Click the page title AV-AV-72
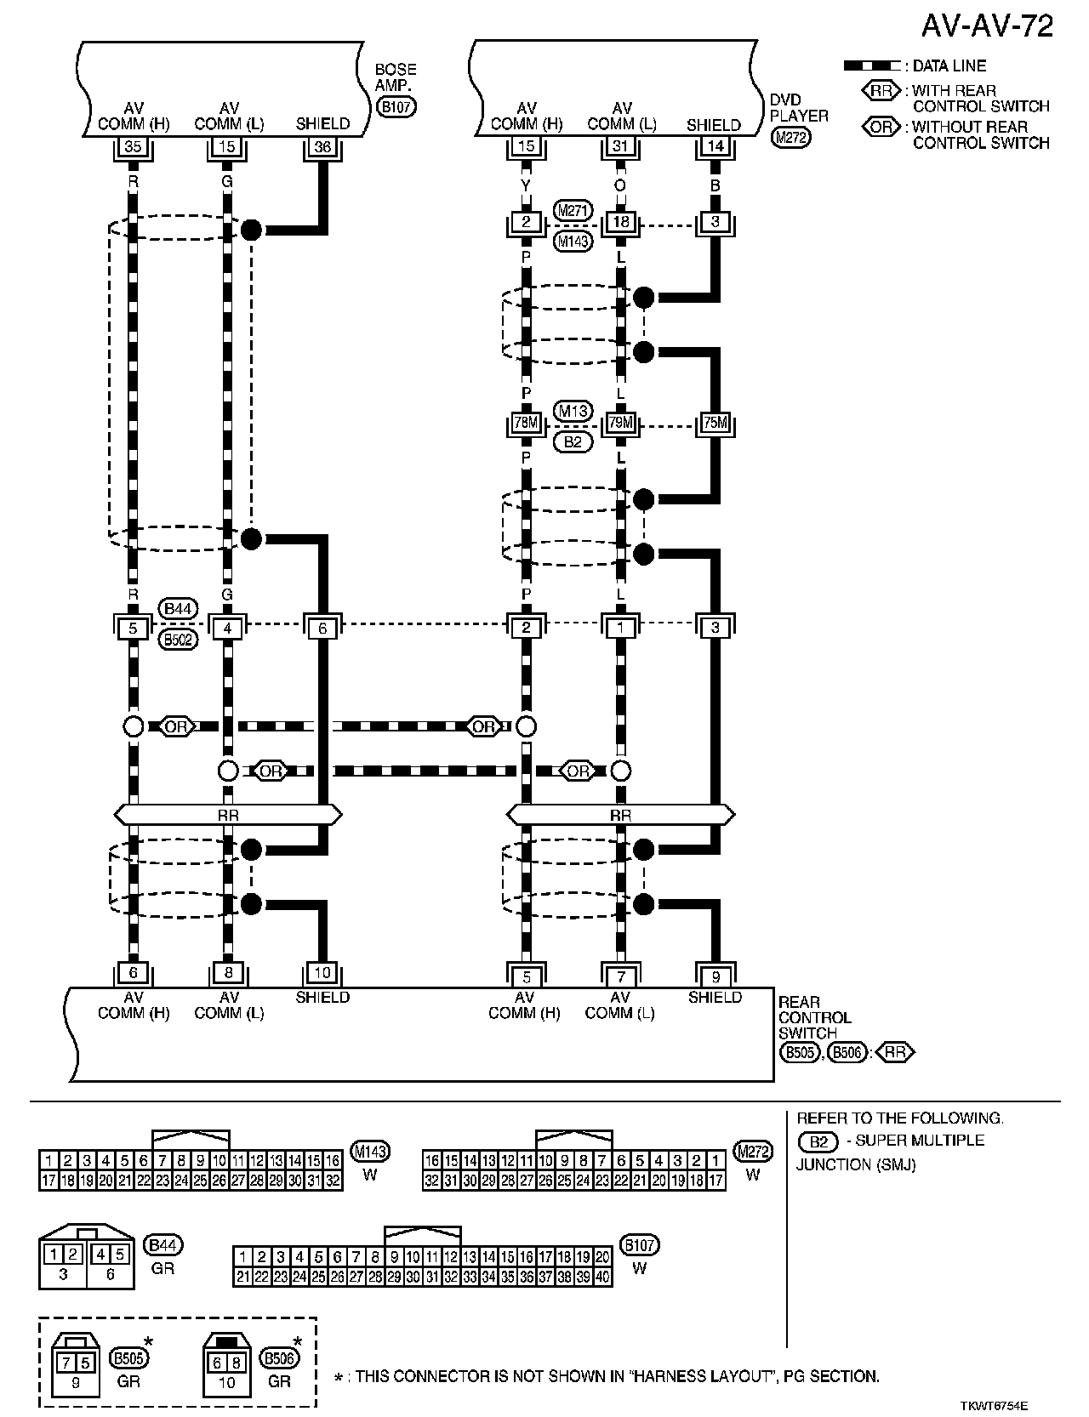(988, 26)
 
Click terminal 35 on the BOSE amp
(133, 146)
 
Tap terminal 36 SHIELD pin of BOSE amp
(322, 146)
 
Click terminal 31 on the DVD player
(621, 146)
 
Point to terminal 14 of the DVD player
(716, 146)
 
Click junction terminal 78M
(527, 423)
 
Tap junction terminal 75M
(716, 423)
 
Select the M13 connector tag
(573, 411)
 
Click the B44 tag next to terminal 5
(180, 608)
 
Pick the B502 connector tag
(180, 640)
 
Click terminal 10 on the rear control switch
(322, 972)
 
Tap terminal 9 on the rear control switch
(716, 977)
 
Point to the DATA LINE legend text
(949, 65)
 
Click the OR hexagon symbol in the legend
(881, 127)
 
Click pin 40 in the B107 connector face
(602, 1277)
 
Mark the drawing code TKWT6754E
(1002, 1407)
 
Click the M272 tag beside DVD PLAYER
(791, 138)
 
